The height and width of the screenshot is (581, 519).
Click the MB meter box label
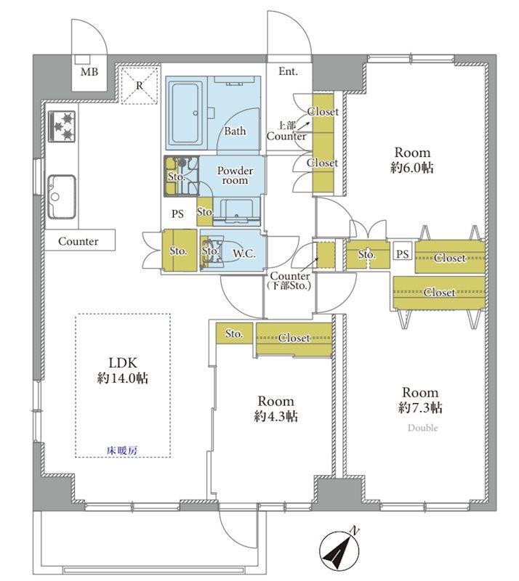click(x=89, y=71)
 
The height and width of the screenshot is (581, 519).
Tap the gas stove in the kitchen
click(x=62, y=126)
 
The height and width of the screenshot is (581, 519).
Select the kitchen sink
click(x=62, y=196)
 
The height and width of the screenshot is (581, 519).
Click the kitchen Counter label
click(x=79, y=241)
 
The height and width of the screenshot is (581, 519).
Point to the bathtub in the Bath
click(x=185, y=113)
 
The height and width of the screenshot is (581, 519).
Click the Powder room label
click(x=235, y=175)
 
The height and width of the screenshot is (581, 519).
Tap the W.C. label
click(x=244, y=253)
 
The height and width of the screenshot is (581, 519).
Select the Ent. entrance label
click(x=289, y=71)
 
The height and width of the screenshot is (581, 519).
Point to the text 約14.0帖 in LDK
click(x=123, y=378)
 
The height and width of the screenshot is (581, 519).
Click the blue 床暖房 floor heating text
click(x=122, y=450)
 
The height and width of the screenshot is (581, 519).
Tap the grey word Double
click(x=422, y=428)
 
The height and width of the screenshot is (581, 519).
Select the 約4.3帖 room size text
click(x=275, y=416)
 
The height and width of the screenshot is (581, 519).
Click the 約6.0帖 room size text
click(x=412, y=168)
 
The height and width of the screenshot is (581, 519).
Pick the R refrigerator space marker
click(x=139, y=86)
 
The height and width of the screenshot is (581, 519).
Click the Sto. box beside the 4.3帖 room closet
click(x=234, y=333)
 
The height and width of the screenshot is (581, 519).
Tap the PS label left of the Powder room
click(x=177, y=214)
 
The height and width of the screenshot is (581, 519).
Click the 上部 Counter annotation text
click(x=286, y=131)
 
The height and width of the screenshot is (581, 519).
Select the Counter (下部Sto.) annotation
click(x=290, y=280)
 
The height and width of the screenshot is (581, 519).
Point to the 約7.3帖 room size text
click(x=420, y=407)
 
